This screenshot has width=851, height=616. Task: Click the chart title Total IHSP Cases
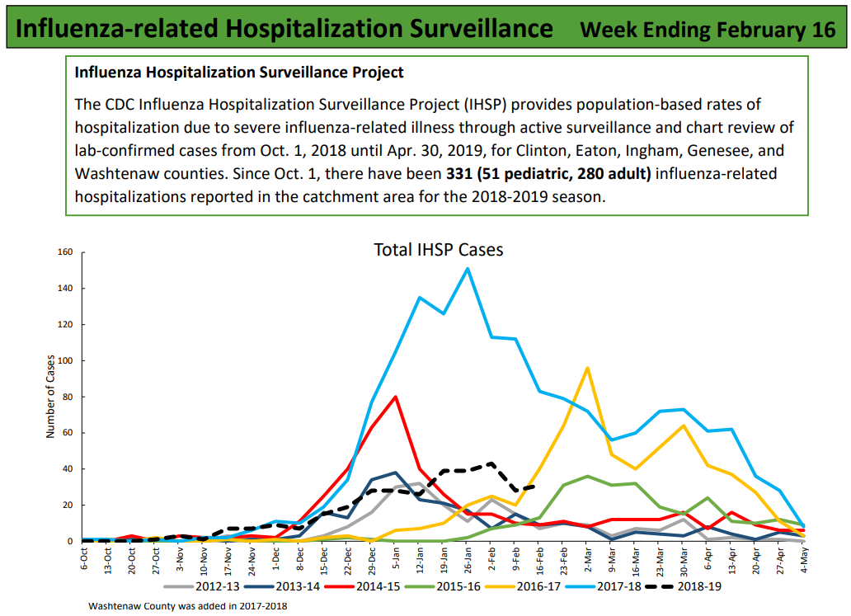438,249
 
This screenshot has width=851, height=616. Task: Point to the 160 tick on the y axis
65,252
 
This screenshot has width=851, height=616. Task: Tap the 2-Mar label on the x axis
586,560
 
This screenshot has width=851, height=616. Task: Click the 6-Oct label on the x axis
84,560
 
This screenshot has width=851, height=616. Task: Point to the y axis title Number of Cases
50,397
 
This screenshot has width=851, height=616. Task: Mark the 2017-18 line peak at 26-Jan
468,268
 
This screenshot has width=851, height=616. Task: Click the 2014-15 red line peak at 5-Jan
396,397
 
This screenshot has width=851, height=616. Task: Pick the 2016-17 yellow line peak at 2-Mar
587,368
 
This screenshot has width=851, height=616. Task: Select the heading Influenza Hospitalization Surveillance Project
239,73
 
